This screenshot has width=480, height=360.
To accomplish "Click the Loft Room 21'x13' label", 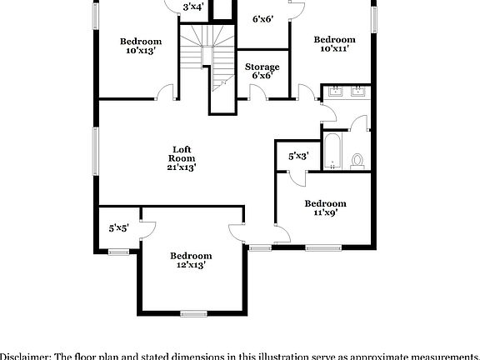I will [182, 157].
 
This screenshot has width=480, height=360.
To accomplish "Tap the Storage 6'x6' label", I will [262, 71].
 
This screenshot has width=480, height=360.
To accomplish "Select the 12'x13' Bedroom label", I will [191, 260].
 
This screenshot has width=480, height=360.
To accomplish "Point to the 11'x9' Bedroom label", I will [324, 207].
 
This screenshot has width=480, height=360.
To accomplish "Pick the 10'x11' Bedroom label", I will [334, 44].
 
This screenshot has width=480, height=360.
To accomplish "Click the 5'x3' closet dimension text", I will [298, 156].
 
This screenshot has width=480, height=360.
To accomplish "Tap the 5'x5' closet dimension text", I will [119, 227].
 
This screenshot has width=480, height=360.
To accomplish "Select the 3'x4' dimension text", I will [194, 7].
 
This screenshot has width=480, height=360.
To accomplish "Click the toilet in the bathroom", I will [358, 160].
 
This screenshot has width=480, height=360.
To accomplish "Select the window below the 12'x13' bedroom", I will [193, 313].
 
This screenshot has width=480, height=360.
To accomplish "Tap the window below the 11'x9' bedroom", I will [324, 247].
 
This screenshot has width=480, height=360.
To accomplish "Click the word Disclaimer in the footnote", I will [25, 355].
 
